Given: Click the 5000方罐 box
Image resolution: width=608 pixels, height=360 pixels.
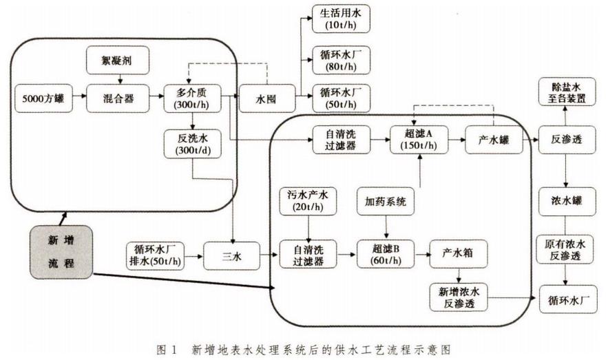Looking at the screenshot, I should [x=43, y=98].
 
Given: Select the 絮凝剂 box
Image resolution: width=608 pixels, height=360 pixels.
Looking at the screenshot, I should [x=119, y=61].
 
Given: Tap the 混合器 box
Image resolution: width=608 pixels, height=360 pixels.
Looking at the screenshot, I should [x=119, y=98].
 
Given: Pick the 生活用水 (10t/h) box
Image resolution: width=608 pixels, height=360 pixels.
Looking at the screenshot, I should [x=341, y=19].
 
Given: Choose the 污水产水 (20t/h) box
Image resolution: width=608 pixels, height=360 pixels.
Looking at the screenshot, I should [x=308, y=201].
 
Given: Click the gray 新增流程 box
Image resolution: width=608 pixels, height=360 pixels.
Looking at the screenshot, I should [x=62, y=253].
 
